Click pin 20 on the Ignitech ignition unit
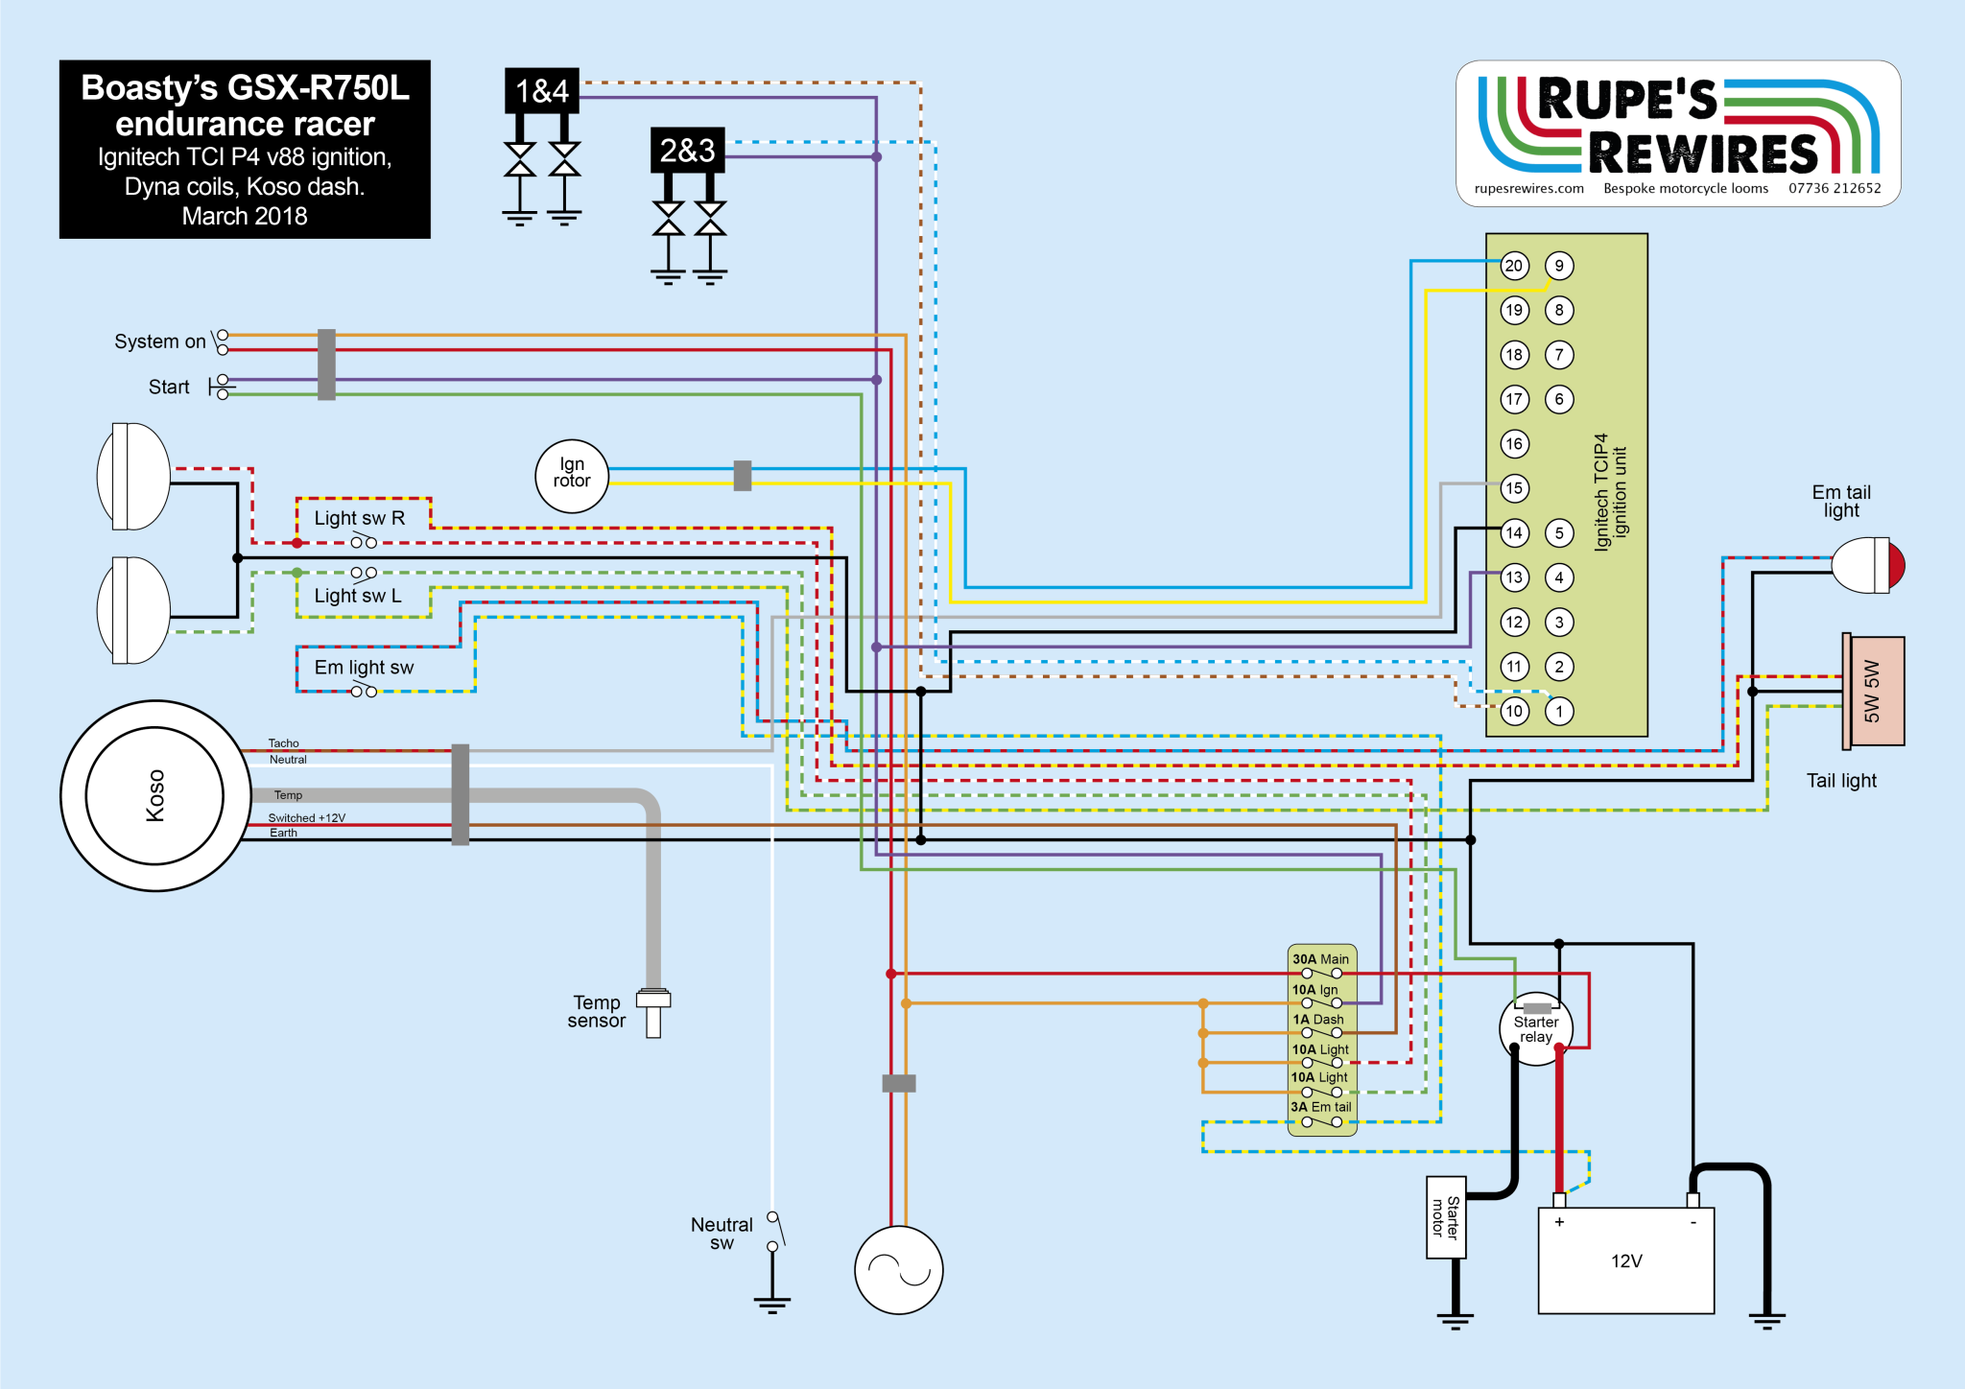1514,266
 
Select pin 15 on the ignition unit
1514,488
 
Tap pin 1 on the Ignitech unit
1559,711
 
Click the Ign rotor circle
572,476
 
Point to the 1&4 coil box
542,91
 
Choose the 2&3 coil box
687,151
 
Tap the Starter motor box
1445,1216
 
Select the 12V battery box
1625,1260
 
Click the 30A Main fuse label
1320,959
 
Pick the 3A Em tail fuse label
1320,1107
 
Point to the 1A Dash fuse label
1318,1020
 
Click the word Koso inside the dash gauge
155,795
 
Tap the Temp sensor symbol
653,1011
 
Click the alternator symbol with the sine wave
899,1270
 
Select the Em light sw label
364,668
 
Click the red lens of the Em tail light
1896,565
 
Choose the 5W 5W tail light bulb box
1873,691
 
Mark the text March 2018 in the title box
245,217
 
